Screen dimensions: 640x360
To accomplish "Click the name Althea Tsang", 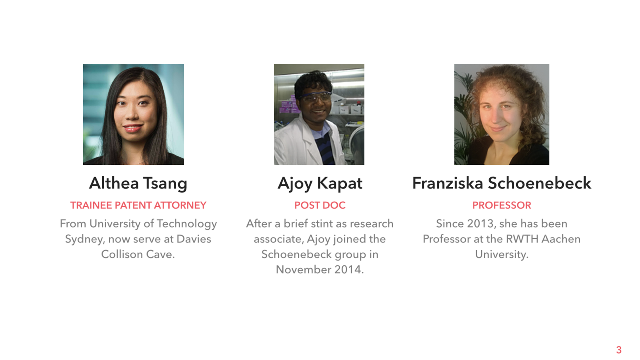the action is click(x=138, y=184).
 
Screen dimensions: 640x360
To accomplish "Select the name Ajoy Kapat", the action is click(x=320, y=184).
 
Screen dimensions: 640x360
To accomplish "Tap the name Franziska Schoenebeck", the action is click(x=502, y=183).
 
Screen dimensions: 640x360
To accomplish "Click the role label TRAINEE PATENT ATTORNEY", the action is click(x=138, y=205).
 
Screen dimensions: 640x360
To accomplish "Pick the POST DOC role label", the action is click(x=320, y=205).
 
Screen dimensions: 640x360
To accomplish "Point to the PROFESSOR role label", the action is click(x=502, y=205).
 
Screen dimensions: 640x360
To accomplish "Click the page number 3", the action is click(x=618, y=350).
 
